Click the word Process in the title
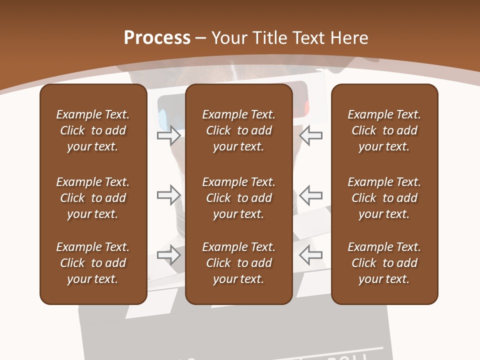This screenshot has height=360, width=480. [157, 38]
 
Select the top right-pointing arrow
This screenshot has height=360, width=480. [168, 135]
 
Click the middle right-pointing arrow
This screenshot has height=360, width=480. [168, 194]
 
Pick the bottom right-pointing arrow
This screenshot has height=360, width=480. [168, 255]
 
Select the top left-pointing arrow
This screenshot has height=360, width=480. [311, 135]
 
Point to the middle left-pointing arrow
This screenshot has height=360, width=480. [311, 194]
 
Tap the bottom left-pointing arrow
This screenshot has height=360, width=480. [311, 255]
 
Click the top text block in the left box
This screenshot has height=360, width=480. [93, 130]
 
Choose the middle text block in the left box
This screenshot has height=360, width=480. [93, 198]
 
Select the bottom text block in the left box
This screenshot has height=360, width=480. [93, 263]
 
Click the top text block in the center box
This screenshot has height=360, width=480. [239, 130]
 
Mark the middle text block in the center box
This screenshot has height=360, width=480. [239, 198]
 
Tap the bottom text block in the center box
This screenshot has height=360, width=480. [239, 263]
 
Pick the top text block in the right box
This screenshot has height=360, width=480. [384, 130]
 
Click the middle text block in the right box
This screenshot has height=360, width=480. [384, 198]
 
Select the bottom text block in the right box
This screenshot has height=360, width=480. [384, 263]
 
